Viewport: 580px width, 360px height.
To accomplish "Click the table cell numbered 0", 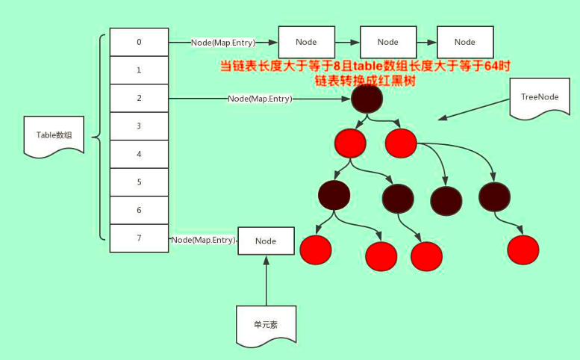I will pyautogui.click(x=139, y=42).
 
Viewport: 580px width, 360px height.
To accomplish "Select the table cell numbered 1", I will pyautogui.click(x=139, y=70).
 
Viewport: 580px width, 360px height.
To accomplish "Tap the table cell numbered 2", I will pyautogui.click(x=139, y=98).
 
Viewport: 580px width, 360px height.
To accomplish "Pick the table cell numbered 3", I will pyautogui.click(x=139, y=126).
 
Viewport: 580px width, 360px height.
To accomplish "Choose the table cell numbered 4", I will pyautogui.click(x=139, y=154).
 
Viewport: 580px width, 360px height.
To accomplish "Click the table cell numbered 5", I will pyautogui.click(x=139, y=182).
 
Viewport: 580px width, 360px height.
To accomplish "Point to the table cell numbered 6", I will pyautogui.click(x=139, y=210).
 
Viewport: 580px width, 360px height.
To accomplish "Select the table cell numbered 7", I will pyautogui.click(x=139, y=238).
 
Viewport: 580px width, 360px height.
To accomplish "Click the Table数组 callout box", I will pyautogui.click(x=52, y=135).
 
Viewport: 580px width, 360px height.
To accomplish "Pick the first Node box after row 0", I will pyautogui.click(x=306, y=42).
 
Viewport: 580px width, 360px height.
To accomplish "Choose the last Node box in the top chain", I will pyautogui.click(x=464, y=42).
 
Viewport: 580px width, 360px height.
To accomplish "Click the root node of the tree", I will pyautogui.click(x=367, y=98).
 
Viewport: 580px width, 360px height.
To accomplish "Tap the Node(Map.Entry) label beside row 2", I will pyautogui.click(x=260, y=98).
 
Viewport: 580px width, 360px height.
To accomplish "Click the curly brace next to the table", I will pyautogui.click(x=99, y=137).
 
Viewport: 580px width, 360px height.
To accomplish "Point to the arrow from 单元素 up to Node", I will pyautogui.click(x=266, y=280).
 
